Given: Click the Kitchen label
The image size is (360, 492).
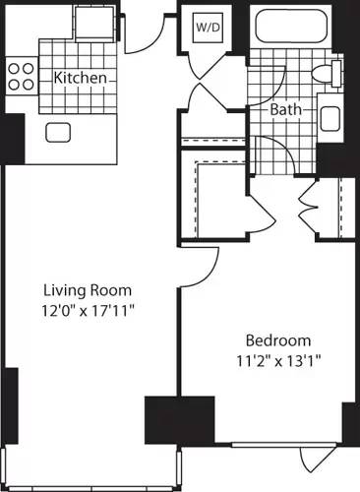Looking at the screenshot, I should (x=73, y=78).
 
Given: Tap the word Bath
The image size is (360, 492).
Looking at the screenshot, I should (x=288, y=110).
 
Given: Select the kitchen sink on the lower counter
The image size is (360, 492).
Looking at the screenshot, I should (x=58, y=132).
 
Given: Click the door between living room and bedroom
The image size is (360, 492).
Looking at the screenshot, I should (x=201, y=262).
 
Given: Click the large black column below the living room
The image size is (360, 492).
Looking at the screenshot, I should (x=179, y=420).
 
